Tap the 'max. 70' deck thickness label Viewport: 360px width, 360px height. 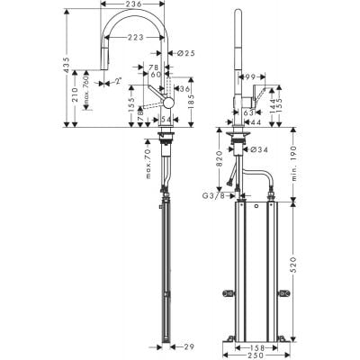146,164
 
